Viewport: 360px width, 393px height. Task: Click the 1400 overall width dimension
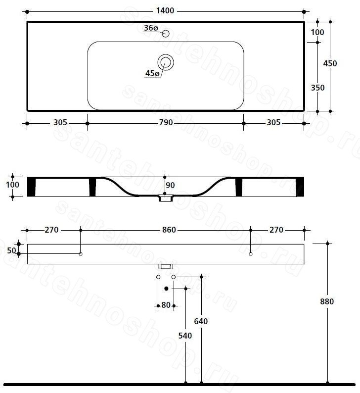[165, 11]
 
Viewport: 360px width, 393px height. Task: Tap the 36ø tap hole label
[151, 28]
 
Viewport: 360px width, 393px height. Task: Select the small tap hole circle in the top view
[166, 33]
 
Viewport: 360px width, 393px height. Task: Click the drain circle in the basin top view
[166, 62]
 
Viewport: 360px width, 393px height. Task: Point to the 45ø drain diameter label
[152, 73]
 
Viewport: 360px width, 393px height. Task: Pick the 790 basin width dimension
[166, 123]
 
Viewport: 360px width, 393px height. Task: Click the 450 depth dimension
[330, 63]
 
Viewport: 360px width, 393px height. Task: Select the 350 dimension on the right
[317, 88]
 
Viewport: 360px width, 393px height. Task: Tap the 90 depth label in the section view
[170, 185]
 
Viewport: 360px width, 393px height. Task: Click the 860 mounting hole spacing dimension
[169, 230]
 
